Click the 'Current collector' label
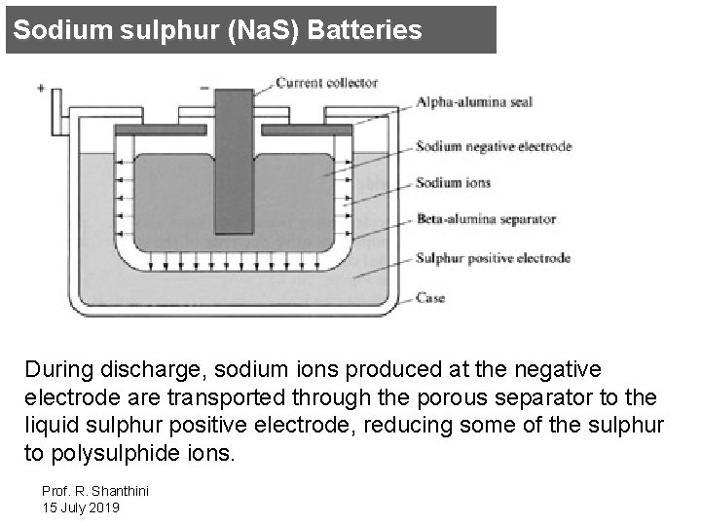tap(325, 83)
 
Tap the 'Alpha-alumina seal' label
tap(474, 102)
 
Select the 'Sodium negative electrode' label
tap(494, 147)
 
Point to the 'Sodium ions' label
tap(454, 182)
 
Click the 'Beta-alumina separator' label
tap(486, 220)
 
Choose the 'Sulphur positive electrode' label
tap(493, 259)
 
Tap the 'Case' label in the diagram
tap(430, 297)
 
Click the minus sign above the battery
tap(204, 87)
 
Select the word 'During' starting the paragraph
tap(55, 370)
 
